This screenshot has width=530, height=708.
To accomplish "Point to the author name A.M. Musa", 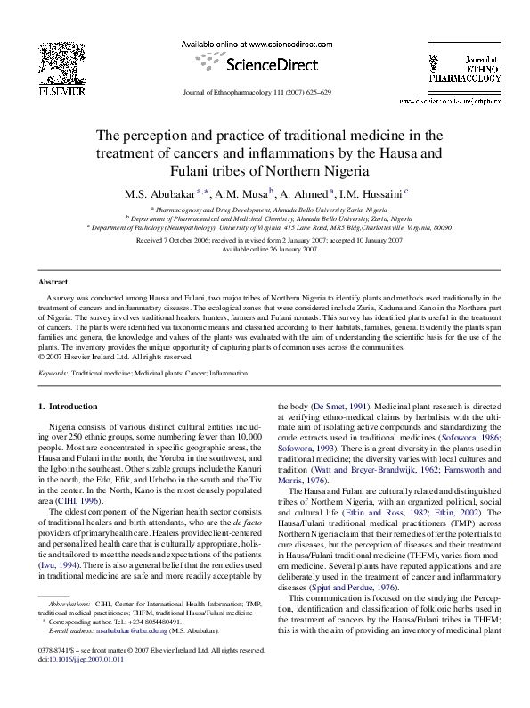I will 242,193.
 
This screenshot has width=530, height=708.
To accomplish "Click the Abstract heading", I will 54,281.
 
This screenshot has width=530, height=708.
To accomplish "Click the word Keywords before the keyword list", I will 53,373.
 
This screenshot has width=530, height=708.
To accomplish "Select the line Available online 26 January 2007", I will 265,249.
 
